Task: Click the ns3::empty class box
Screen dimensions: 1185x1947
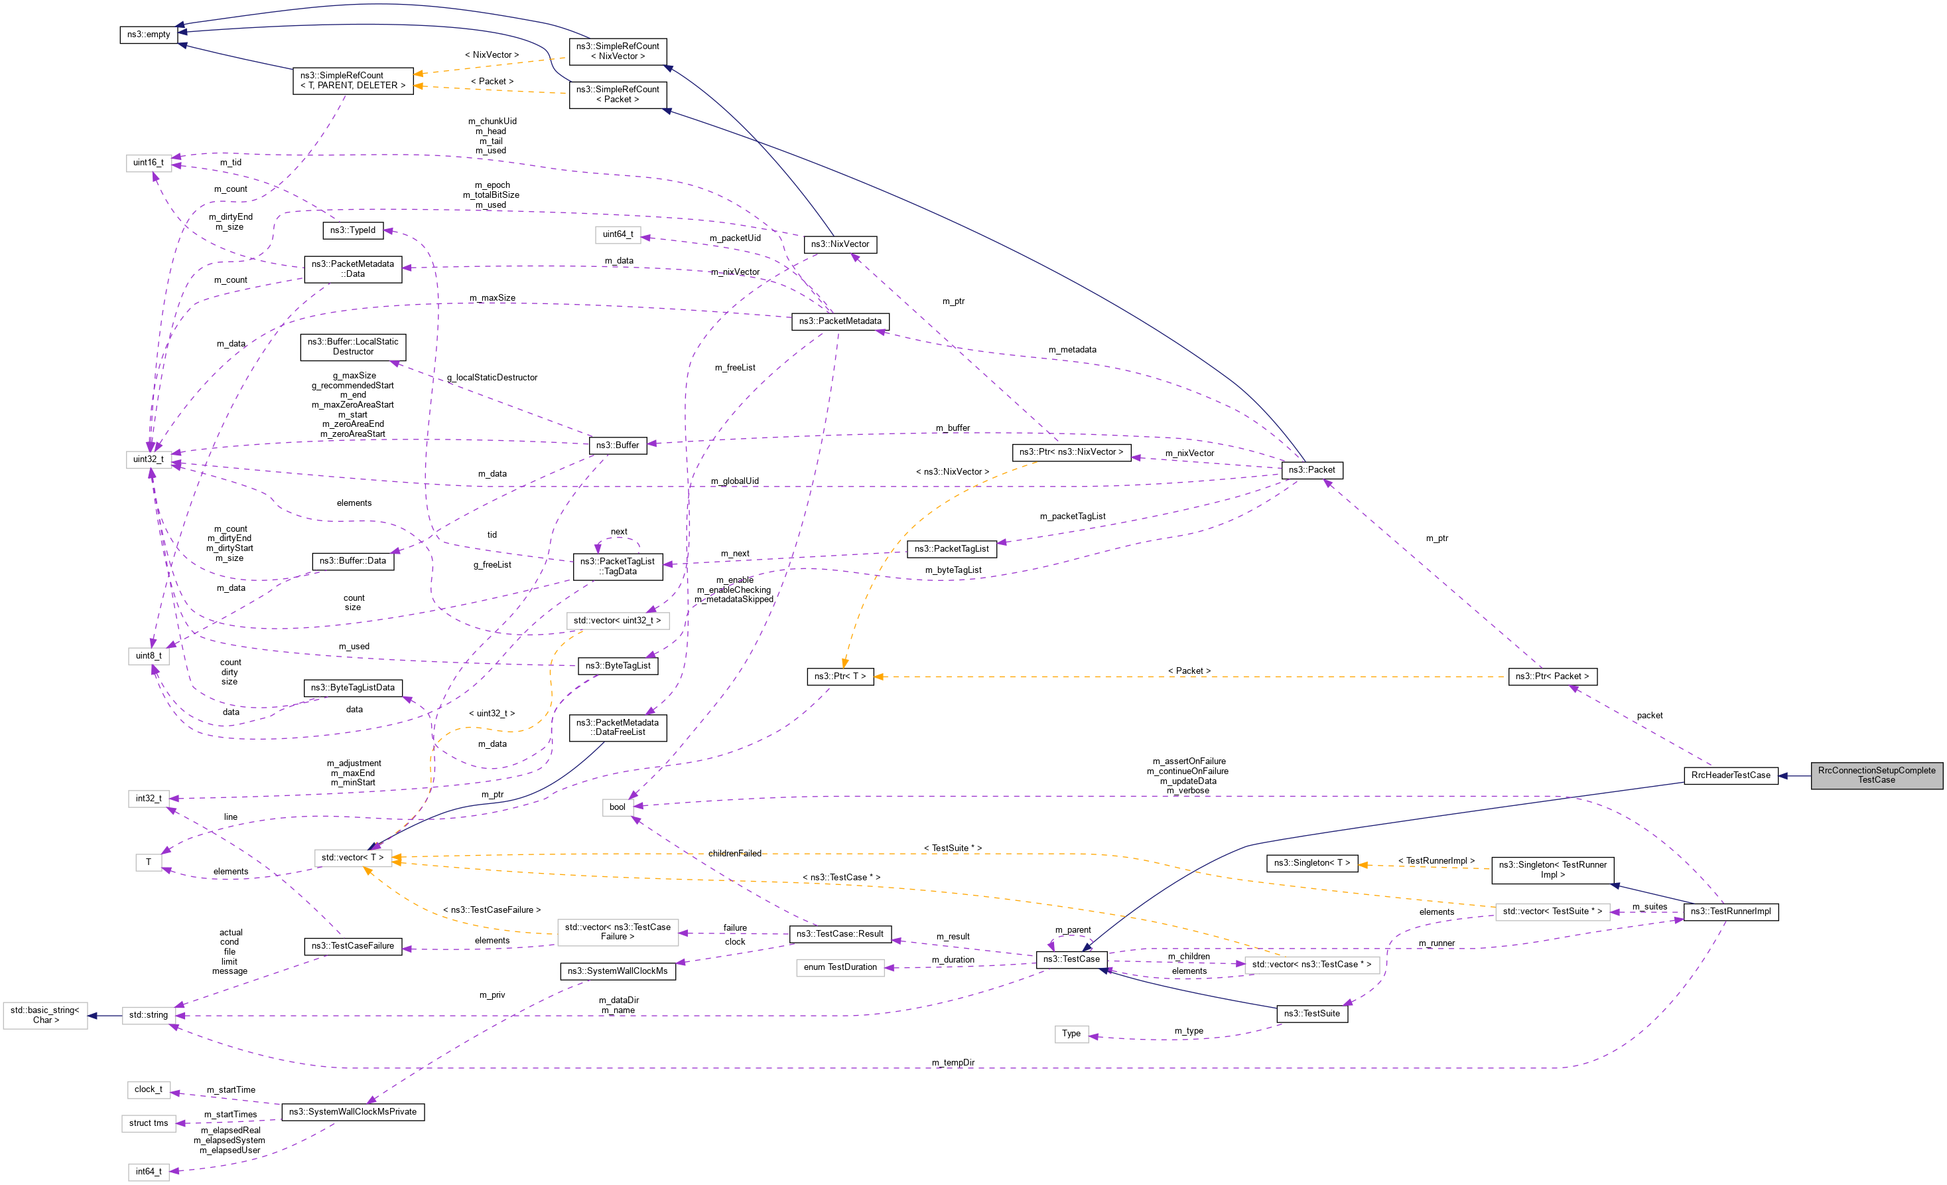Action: tap(149, 35)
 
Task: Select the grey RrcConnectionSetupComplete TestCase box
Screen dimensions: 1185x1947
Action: tap(1876, 775)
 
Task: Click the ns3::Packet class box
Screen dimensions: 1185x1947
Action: tap(1311, 471)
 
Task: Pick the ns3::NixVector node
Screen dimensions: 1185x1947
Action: tap(839, 244)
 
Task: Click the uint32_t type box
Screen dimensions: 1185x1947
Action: tap(149, 459)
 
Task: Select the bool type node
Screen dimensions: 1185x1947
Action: tap(617, 807)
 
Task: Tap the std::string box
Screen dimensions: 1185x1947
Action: tap(149, 1015)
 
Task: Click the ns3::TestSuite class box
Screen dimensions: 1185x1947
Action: tap(1311, 1014)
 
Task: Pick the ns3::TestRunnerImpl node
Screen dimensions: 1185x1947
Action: tap(1729, 911)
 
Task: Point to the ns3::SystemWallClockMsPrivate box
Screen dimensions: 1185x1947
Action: tap(352, 1112)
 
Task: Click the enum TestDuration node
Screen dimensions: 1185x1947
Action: tap(840, 968)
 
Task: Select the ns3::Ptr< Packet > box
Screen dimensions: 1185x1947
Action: tap(1552, 676)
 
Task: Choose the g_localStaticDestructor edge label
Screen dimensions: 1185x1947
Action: tap(492, 378)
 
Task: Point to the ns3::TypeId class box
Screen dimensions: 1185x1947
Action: tap(352, 231)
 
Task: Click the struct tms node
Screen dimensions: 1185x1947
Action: tap(149, 1123)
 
